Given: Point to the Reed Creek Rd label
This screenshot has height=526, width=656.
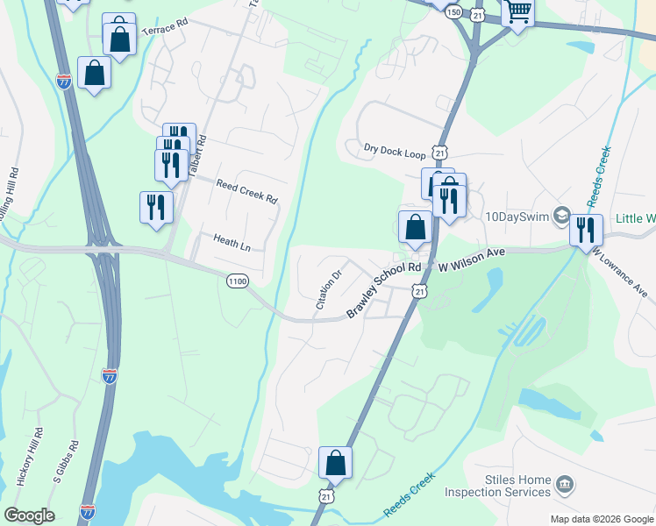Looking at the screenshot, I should point(248,193).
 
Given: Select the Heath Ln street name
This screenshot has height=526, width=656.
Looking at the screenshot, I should point(232,242).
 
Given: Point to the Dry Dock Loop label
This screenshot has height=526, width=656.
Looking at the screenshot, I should point(395,152).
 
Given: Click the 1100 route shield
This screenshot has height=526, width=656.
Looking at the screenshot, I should point(237,281).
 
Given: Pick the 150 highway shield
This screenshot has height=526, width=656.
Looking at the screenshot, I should point(453,12).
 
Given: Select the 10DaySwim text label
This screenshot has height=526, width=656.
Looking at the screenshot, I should point(517,216).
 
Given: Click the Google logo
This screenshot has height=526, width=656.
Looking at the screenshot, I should point(28,515).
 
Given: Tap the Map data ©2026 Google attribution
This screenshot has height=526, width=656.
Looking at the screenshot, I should point(601,519).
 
